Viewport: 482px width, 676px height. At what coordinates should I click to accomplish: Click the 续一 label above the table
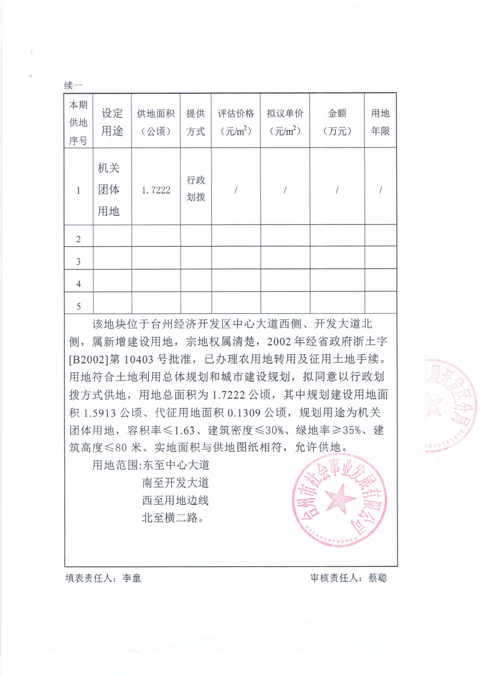[73, 85]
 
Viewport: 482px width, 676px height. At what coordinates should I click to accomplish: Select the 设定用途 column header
[112, 122]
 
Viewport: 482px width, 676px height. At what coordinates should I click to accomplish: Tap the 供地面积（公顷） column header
[156, 122]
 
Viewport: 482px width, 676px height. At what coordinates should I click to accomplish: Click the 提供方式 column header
[196, 122]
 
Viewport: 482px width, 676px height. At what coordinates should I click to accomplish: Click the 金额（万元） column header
[337, 122]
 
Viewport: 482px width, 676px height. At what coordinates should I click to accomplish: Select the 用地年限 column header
[380, 122]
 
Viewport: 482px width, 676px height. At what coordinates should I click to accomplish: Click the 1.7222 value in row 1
[156, 190]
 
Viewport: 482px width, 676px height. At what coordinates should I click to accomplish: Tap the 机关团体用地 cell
[109, 189]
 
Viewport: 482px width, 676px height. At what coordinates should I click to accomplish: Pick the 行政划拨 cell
[196, 188]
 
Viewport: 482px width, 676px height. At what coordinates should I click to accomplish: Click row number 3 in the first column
[78, 262]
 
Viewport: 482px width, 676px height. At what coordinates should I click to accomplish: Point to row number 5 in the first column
[78, 306]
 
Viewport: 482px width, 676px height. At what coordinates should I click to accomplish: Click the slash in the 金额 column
[337, 190]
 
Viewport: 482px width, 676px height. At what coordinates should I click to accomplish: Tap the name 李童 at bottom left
[132, 578]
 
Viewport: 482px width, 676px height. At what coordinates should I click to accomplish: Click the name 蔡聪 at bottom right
[377, 578]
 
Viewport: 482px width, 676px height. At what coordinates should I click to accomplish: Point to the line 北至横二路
[173, 518]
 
